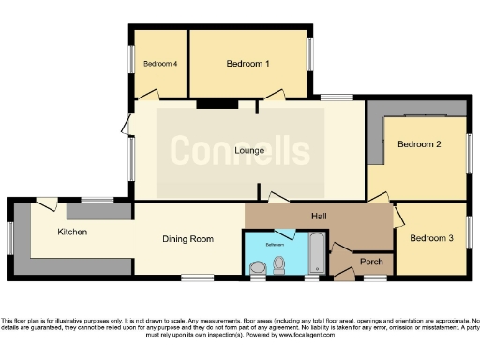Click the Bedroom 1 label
[248, 64]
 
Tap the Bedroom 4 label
[160, 64]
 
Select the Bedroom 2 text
[418, 144]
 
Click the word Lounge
[248, 150]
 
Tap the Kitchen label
[73, 231]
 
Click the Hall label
[319, 216]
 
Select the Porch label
[371, 262]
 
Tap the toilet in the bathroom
[279, 268]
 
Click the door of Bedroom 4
[148, 95]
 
